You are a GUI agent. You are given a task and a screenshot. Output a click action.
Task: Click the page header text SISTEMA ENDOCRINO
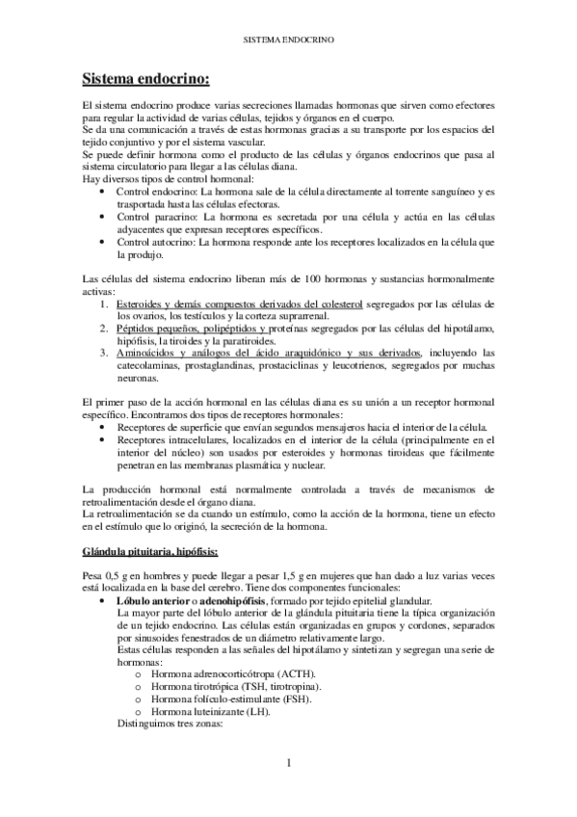(x=288, y=41)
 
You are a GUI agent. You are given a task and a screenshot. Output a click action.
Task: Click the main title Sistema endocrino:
(x=145, y=78)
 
